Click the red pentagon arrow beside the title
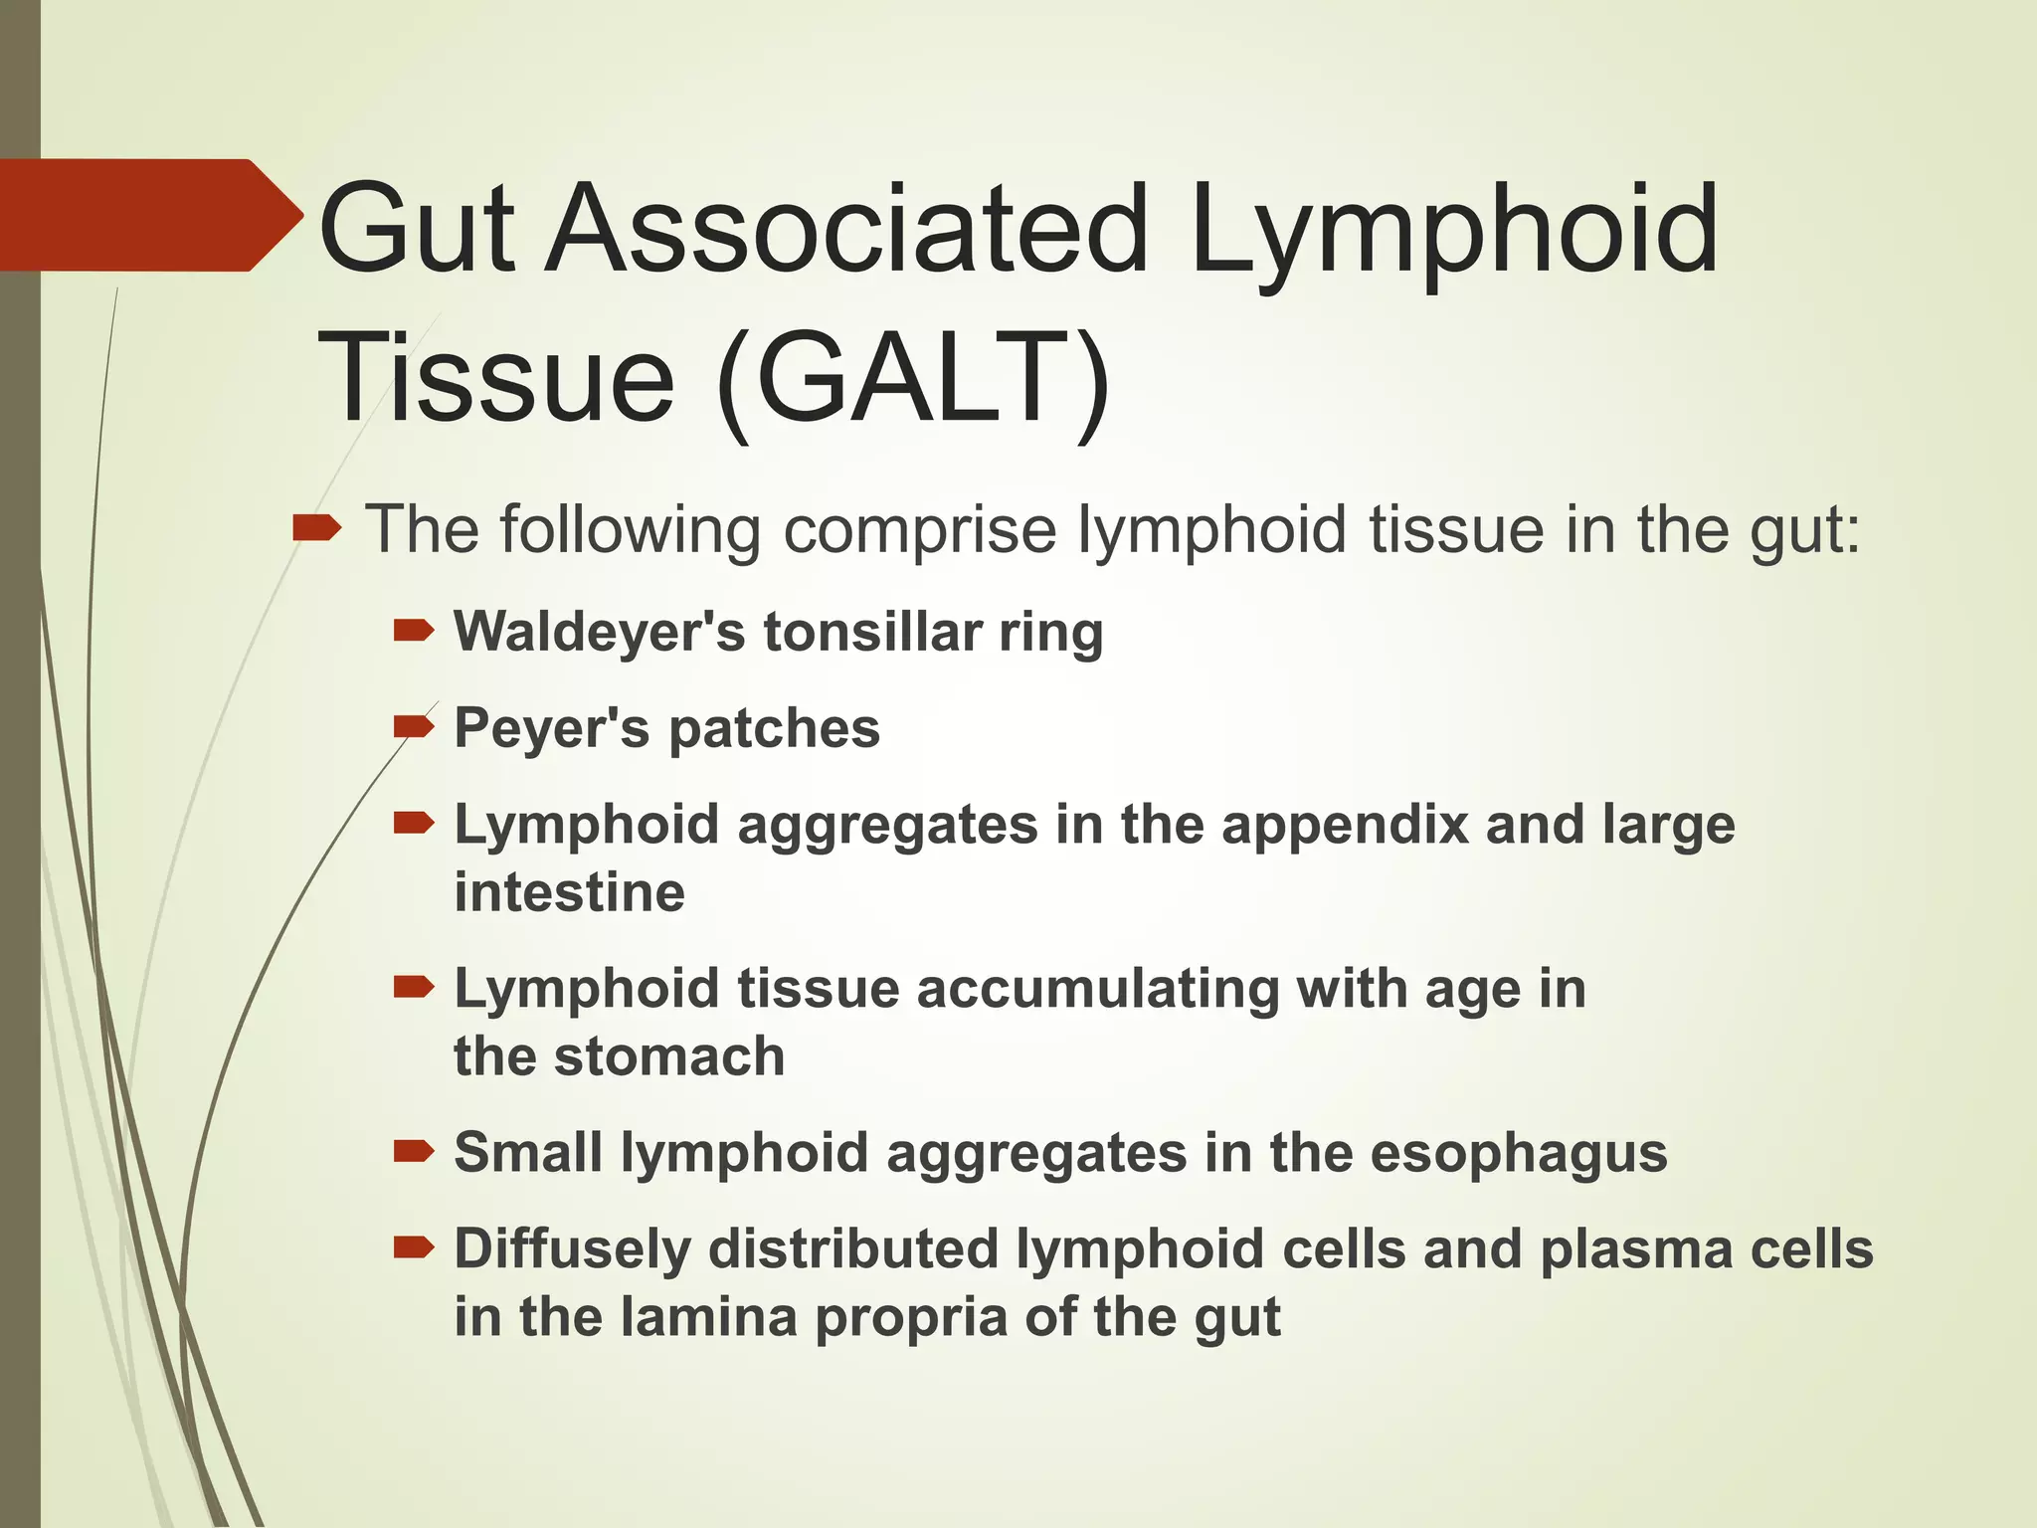point(149,215)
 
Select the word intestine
point(569,892)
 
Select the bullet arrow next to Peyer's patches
point(414,727)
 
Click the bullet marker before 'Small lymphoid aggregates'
point(414,1152)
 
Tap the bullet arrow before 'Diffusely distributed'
point(414,1247)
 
